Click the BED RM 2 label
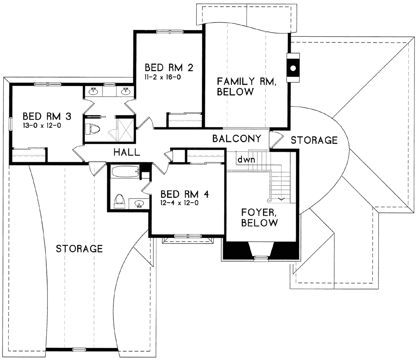pyautogui.click(x=169, y=68)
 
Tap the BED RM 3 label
pyautogui.click(x=47, y=116)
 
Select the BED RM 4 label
pyautogui.click(x=185, y=194)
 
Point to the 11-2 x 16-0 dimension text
pyautogui.click(x=163, y=78)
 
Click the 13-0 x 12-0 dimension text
pyautogui.click(x=42, y=126)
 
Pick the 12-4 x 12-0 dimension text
pyautogui.click(x=179, y=203)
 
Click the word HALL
pyautogui.click(x=127, y=152)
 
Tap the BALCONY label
pyautogui.click(x=237, y=138)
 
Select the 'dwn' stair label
pyautogui.click(x=246, y=160)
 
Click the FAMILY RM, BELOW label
pyautogui.click(x=246, y=86)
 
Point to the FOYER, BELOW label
pyautogui.click(x=259, y=217)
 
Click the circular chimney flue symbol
pyautogui.click(x=293, y=68)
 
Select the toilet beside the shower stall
pyautogui.click(x=93, y=129)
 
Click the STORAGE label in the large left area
pyautogui.click(x=79, y=249)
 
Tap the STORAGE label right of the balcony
pyautogui.click(x=314, y=140)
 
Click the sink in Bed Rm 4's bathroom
pyautogui.click(x=139, y=204)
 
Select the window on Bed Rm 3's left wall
pyautogui.click(x=11, y=124)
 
